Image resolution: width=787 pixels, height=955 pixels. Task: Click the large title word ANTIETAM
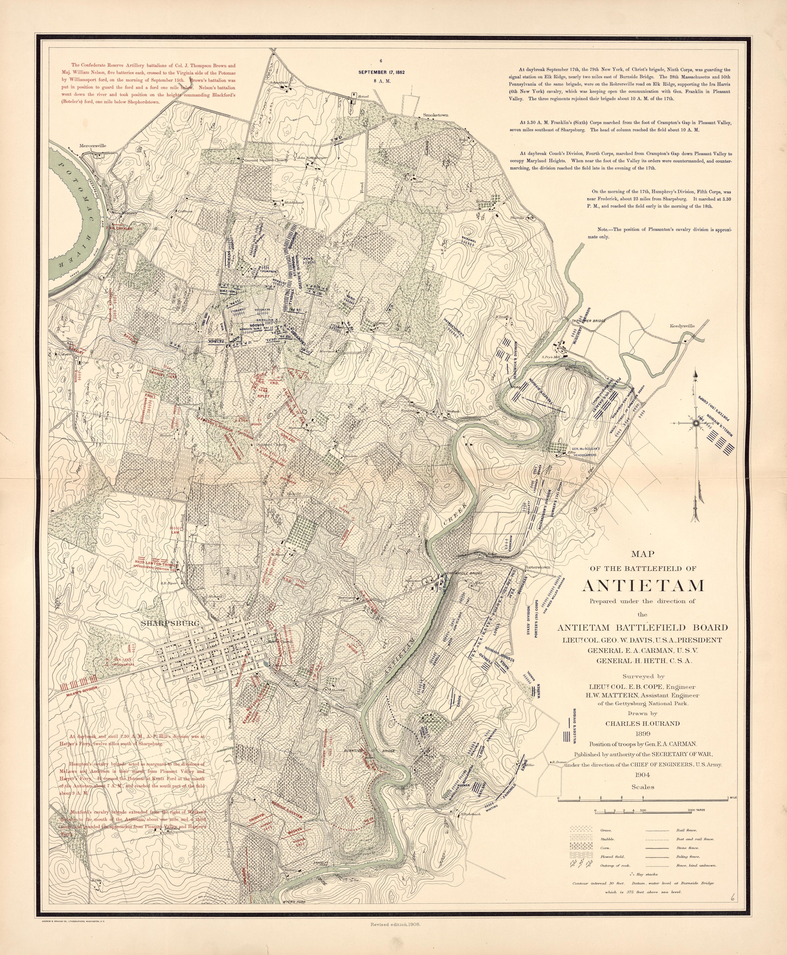pyautogui.click(x=643, y=586)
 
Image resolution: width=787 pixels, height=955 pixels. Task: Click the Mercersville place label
pyautogui.click(x=92, y=146)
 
